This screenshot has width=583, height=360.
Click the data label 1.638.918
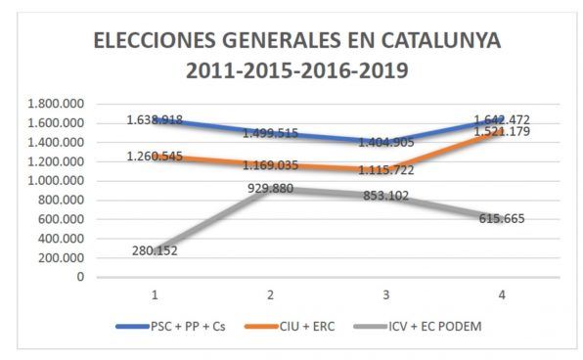[x=155, y=119]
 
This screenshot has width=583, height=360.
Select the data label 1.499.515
[x=270, y=133]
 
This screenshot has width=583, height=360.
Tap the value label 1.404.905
[x=386, y=142]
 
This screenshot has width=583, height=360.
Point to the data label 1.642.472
[x=502, y=119]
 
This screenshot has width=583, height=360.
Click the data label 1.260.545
[x=155, y=157]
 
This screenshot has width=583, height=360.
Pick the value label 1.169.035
[x=270, y=165]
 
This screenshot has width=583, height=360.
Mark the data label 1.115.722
[x=386, y=170]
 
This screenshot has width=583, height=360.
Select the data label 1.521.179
[x=502, y=131]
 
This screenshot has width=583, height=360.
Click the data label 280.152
[x=155, y=250]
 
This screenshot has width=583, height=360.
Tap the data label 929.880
[x=270, y=188]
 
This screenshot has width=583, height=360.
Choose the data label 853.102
[x=386, y=196]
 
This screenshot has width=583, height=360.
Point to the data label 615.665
[x=502, y=218]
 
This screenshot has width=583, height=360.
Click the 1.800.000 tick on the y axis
[x=56, y=104]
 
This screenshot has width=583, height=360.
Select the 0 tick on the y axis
[x=80, y=277]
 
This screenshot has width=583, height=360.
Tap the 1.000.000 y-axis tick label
[x=56, y=181]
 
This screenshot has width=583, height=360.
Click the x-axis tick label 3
[x=386, y=294]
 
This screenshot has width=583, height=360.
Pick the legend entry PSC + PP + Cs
[x=170, y=326]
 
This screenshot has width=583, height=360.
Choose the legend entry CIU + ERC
[x=290, y=326]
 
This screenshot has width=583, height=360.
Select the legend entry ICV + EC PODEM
[x=418, y=326]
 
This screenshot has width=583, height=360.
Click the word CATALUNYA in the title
[x=441, y=40]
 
